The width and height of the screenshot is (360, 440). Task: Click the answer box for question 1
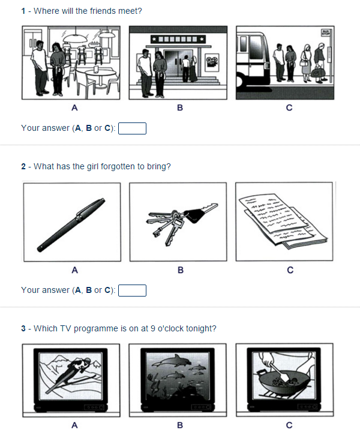(133, 128)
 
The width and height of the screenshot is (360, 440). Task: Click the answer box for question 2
(133, 291)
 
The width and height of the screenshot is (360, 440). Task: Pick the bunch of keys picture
(178, 222)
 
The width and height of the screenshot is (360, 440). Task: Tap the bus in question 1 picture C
(252, 60)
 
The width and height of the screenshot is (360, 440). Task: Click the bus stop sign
(326, 33)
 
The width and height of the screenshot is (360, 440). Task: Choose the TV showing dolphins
(178, 380)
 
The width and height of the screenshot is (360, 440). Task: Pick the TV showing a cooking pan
(284, 380)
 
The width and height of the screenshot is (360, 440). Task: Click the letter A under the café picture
(74, 109)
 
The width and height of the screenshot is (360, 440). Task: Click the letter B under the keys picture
(180, 271)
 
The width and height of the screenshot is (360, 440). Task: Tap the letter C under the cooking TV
(289, 426)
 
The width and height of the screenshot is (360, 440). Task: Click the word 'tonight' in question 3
(200, 328)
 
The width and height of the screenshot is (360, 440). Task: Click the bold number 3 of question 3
(23, 328)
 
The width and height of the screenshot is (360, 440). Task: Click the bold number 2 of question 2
(23, 166)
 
